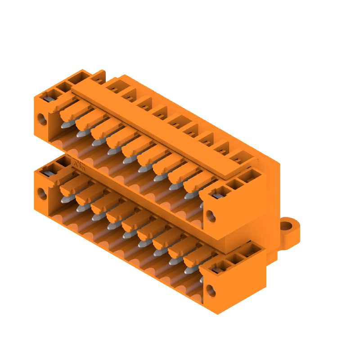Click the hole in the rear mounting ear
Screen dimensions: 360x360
coord(287,225)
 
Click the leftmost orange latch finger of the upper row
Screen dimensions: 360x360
coord(72,108)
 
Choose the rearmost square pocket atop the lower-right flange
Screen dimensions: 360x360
coord(249,252)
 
